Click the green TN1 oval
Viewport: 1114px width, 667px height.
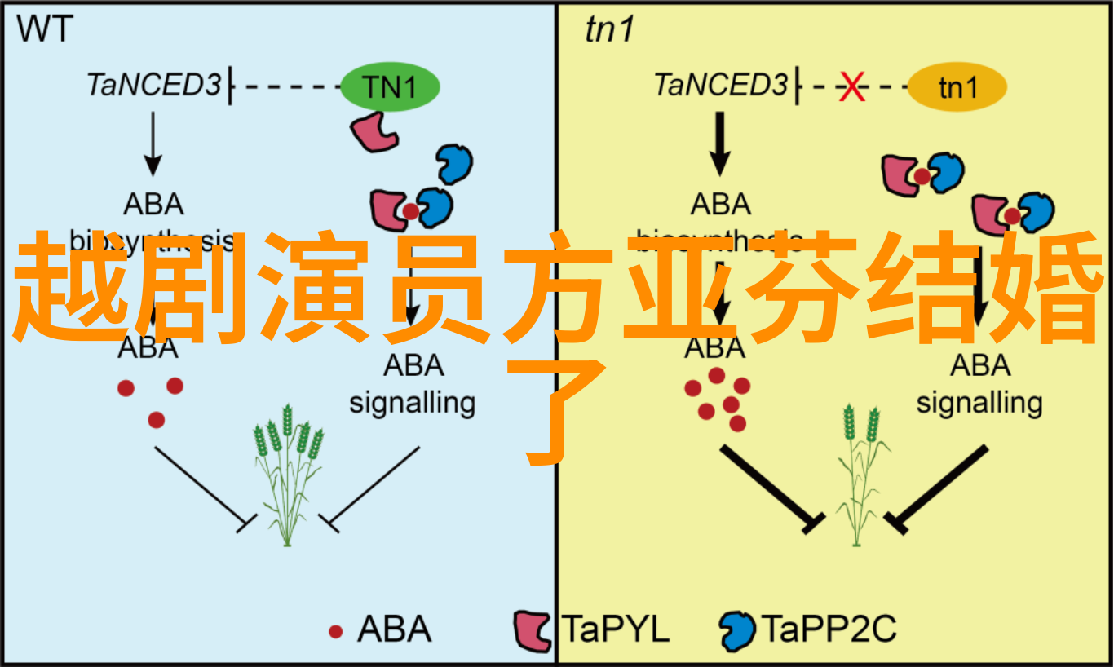[x=390, y=87]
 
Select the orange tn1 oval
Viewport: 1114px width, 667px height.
[x=957, y=87]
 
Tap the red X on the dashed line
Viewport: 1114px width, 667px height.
[x=852, y=87]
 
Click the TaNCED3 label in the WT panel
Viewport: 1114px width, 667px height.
[x=154, y=85]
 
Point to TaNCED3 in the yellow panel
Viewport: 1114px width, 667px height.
[x=721, y=85]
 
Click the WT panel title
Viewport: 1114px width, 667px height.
[x=45, y=30]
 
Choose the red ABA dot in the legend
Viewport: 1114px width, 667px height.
[x=335, y=631]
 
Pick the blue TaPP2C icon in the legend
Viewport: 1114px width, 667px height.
[x=737, y=629]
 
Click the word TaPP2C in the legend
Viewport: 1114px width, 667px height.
[x=829, y=629]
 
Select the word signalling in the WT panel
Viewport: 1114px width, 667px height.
[x=412, y=402]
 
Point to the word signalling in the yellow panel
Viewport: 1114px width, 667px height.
[x=979, y=402]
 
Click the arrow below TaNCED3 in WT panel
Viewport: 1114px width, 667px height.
[x=152, y=144]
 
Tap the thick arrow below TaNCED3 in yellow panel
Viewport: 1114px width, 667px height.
[x=718, y=144]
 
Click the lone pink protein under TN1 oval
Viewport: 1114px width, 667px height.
[x=374, y=130]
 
